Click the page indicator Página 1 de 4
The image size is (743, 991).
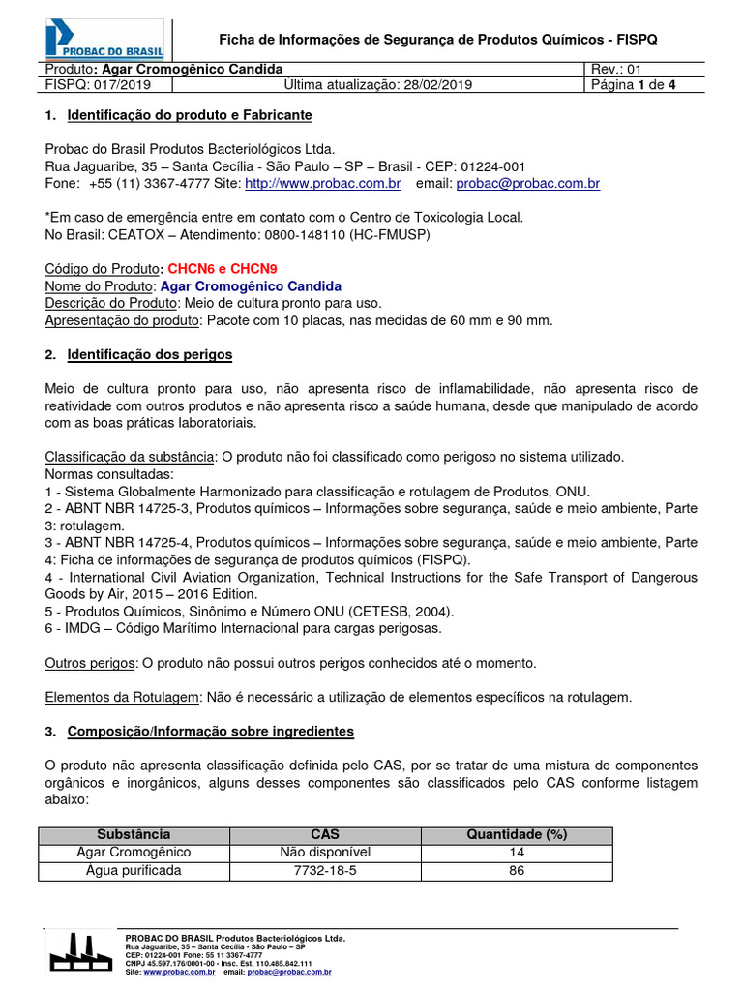tap(635, 85)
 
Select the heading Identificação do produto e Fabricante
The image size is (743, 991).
tap(190, 115)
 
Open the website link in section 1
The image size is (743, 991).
tap(322, 183)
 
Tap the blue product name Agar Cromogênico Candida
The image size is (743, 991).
tap(251, 286)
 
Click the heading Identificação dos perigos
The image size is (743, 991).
tap(150, 355)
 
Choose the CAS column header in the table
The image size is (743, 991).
tap(325, 834)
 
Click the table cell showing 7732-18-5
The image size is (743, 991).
tap(325, 871)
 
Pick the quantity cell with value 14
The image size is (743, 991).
tap(517, 853)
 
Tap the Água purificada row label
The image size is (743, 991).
tap(134, 871)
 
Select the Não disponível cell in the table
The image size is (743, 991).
tap(325, 853)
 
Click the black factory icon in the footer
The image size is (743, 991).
tap(79, 952)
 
